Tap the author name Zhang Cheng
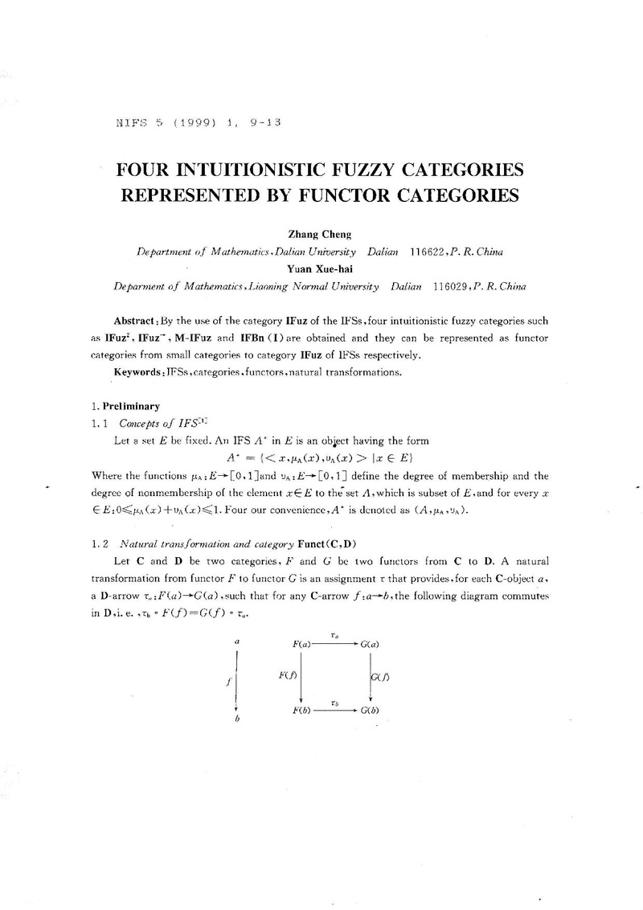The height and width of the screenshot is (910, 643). coord(321,235)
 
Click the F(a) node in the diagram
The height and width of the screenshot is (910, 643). coord(301,643)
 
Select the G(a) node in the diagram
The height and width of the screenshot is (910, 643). coord(371,643)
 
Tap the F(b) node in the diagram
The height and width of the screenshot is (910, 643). coord(301,711)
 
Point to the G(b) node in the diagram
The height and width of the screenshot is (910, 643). coord(371,711)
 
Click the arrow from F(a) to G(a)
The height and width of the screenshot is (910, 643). coord(335,643)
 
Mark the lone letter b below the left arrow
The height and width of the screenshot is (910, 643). coord(237,719)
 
